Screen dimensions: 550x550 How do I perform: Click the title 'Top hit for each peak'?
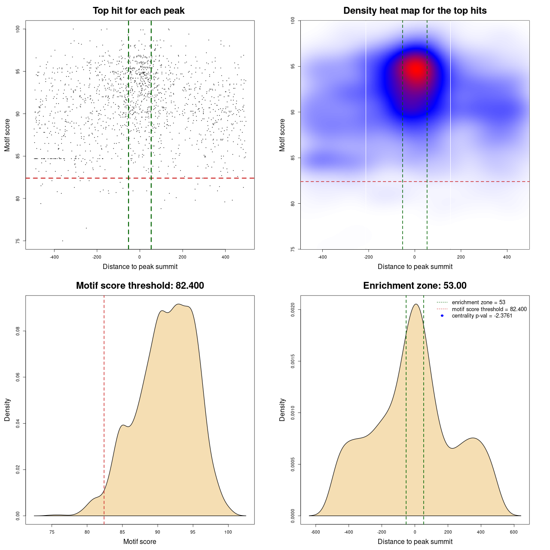[x=138, y=11]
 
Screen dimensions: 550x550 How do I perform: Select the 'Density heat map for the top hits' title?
[x=415, y=11]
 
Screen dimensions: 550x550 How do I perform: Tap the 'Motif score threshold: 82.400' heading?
[x=140, y=286]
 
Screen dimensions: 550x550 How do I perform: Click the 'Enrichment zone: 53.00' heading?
[x=415, y=286]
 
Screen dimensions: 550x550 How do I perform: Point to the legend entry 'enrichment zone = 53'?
[x=478, y=302]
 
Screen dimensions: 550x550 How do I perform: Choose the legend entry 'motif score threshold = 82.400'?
[x=489, y=309]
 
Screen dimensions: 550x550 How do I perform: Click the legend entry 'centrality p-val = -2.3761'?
[x=482, y=316]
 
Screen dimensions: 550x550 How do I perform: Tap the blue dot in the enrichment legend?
[x=442, y=316]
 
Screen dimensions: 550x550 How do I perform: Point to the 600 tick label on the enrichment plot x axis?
[x=514, y=532]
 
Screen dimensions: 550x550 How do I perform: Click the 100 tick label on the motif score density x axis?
[x=228, y=532]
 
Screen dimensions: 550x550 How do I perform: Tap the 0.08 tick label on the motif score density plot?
[x=18, y=331]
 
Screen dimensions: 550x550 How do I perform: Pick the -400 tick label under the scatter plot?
[x=54, y=257]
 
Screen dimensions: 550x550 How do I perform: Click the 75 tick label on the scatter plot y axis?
[x=18, y=241]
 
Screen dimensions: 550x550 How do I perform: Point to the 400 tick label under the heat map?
[x=507, y=257]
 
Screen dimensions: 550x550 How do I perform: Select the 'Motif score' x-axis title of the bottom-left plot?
[x=140, y=541]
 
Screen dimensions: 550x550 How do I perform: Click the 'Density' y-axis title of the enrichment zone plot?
[x=282, y=409]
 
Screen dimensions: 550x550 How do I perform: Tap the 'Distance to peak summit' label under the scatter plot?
[x=140, y=266]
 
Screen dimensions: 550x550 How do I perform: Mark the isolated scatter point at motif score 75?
[x=62, y=241]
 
